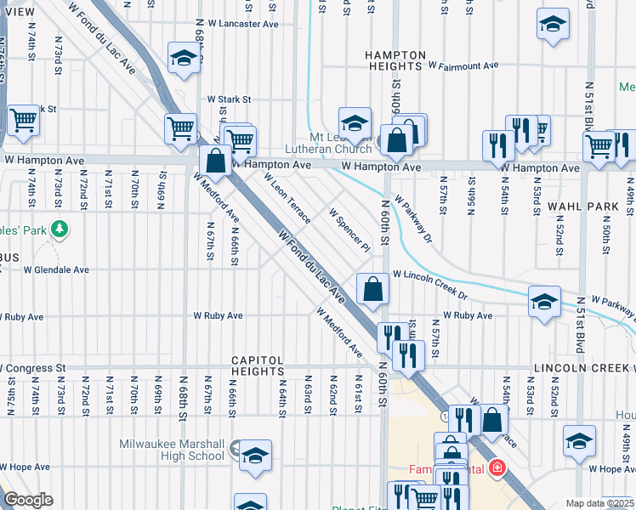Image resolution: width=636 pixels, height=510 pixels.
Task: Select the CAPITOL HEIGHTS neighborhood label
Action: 257,365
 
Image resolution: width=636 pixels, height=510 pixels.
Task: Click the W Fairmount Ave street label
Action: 463,65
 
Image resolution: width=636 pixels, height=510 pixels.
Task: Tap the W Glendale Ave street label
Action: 56,270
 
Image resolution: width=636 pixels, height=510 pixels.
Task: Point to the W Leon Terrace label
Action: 287,197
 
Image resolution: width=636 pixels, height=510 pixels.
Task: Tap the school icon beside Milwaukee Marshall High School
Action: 254,456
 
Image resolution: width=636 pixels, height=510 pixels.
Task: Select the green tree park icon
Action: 59,229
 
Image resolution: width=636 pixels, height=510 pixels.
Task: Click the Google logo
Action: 29,500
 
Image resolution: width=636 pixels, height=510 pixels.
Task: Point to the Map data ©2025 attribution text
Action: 599,503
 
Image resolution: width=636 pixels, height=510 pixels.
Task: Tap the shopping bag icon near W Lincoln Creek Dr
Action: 373,290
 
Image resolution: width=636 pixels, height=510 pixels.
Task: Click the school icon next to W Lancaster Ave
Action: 184,58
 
